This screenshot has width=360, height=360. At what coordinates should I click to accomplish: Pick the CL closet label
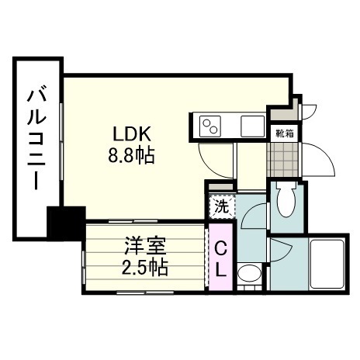220,260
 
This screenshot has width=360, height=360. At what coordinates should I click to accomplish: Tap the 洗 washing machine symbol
220,207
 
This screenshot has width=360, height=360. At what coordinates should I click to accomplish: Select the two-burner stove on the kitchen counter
211,125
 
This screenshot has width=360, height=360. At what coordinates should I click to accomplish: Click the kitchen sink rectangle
252,124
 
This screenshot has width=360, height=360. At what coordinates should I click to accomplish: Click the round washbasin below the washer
248,274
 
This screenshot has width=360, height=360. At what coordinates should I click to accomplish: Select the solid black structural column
65,223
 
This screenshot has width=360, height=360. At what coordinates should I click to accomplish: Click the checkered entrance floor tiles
280,158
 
